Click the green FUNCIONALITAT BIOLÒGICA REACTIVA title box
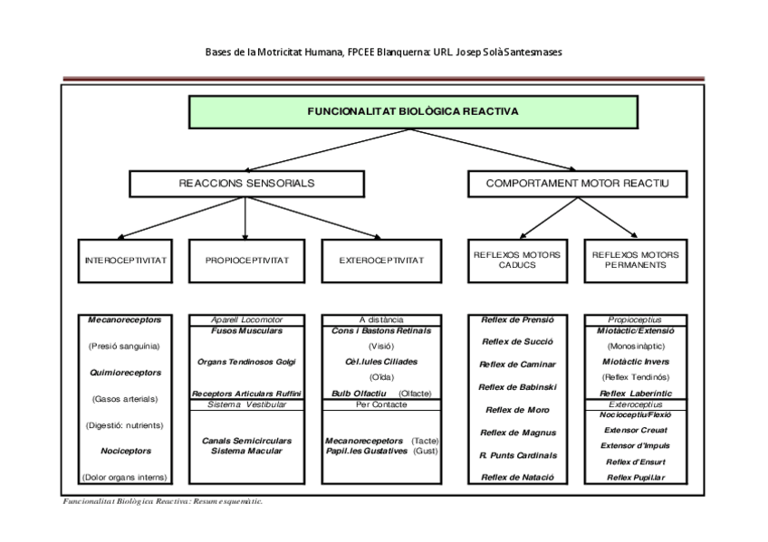click(412, 112)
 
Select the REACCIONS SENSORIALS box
click(245, 184)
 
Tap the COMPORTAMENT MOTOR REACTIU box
click(577, 184)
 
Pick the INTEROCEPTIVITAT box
click(126, 261)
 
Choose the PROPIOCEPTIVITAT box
click(245, 261)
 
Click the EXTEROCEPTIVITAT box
click(381, 261)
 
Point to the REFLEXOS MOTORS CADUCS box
click(517, 261)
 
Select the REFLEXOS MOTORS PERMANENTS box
click(635, 261)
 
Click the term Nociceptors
click(126, 451)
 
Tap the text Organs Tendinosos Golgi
click(245, 362)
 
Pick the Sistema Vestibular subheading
click(245, 404)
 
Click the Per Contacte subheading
click(381, 404)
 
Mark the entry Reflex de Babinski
click(517, 387)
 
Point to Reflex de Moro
click(517, 410)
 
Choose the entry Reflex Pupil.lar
click(635, 477)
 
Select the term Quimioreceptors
click(126, 372)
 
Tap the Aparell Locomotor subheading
click(245, 319)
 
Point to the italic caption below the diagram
click(162, 500)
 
